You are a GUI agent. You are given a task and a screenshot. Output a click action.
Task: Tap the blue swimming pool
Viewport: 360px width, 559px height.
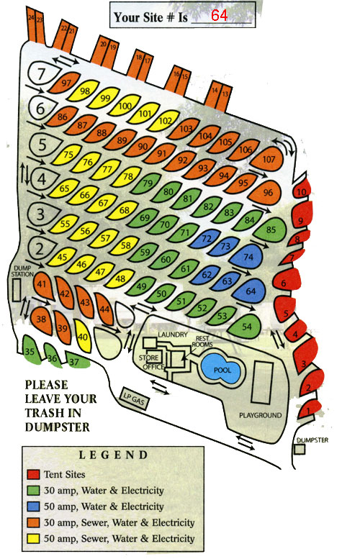(x=222, y=368)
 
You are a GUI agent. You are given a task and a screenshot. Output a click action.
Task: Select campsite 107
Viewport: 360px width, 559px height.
(x=268, y=160)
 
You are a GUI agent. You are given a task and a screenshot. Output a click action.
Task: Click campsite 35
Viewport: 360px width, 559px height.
(x=30, y=351)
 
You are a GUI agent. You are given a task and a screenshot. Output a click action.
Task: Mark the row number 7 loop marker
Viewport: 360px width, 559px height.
(x=42, y=73)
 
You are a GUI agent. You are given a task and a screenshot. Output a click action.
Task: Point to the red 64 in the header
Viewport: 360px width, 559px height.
(x=220, y=16)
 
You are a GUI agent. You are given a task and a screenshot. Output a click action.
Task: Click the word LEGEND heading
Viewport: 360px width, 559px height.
(x=114, y=455)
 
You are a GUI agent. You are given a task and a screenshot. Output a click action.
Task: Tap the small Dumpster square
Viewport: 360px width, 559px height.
(x=300, y=448)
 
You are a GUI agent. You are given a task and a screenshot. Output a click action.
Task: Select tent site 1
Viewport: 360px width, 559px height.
(x=309, y=412)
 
